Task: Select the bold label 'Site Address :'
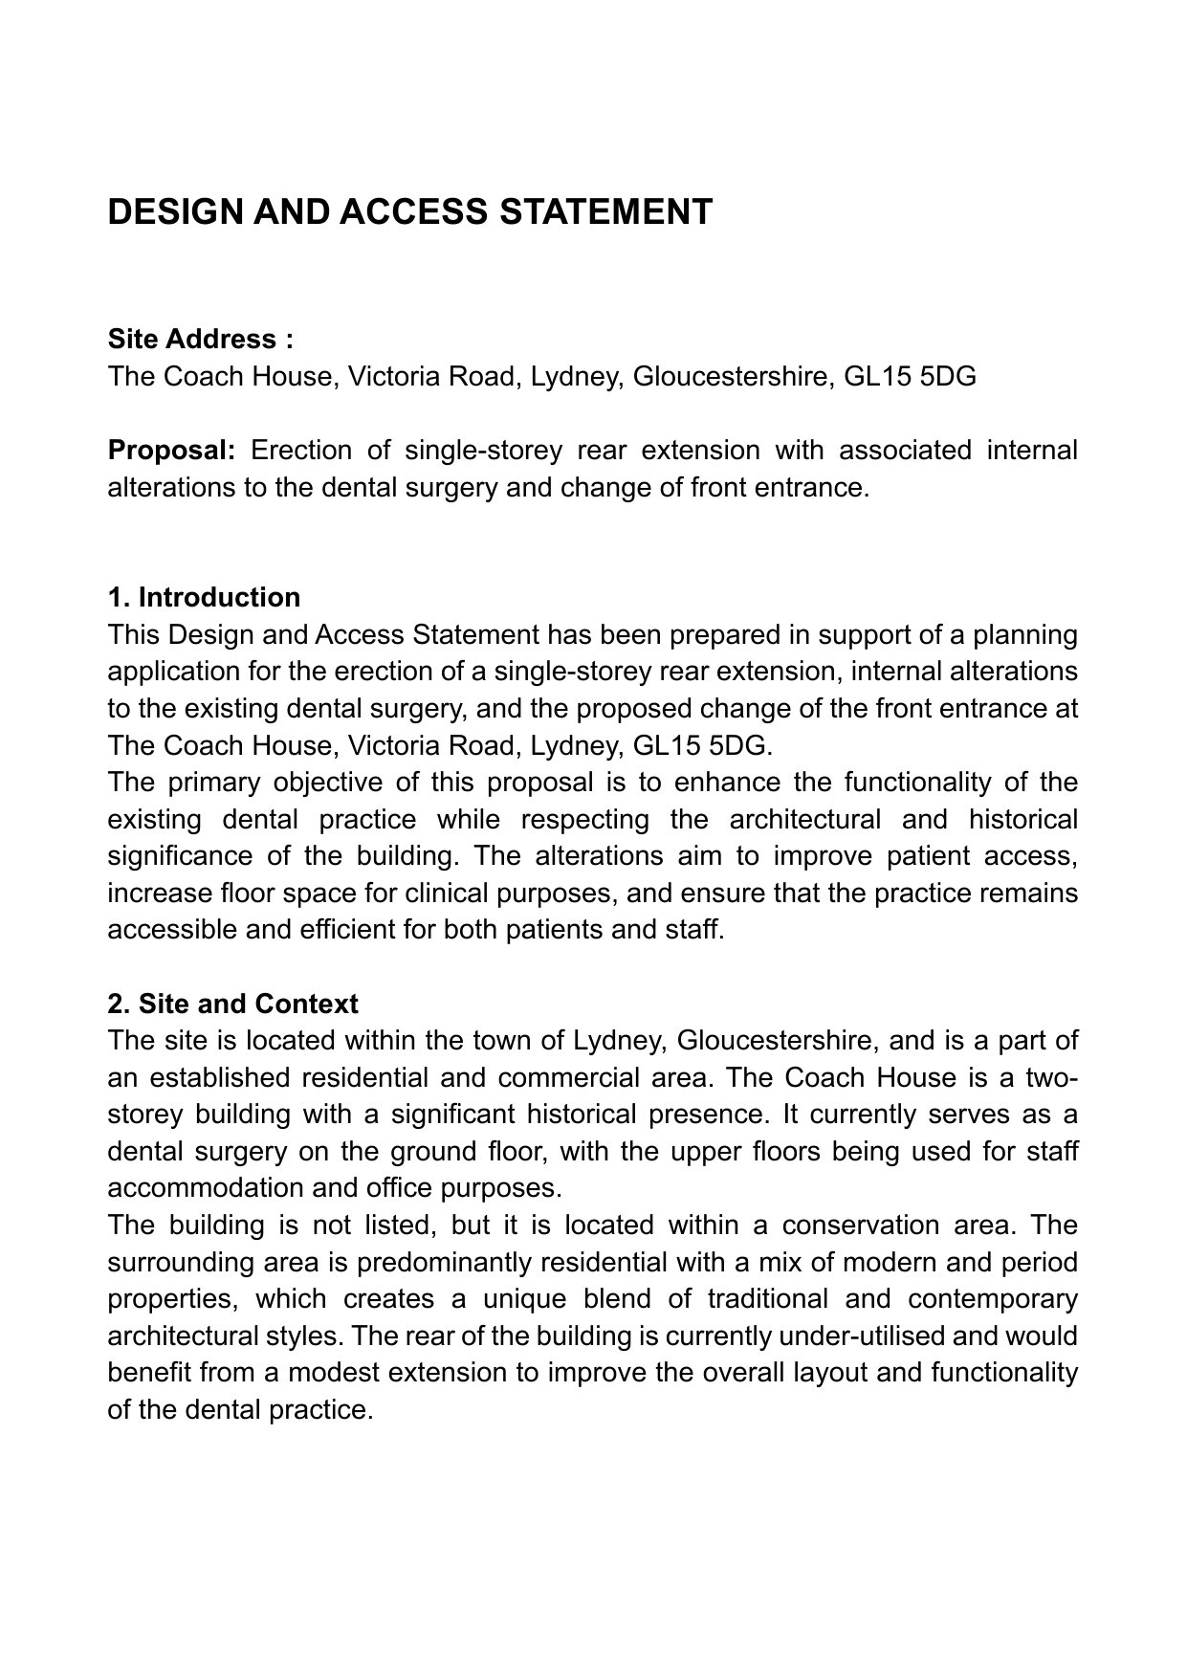pos(200,340)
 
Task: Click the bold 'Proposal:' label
pos(171,450)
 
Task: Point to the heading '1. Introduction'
pos(204,598)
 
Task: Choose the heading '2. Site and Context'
pos(232,1005)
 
